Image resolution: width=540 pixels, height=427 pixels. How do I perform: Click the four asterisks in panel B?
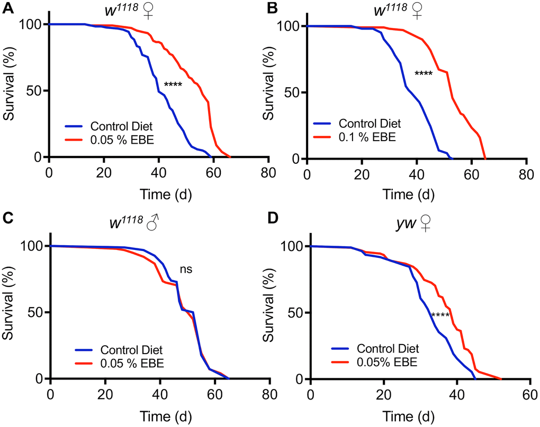423,73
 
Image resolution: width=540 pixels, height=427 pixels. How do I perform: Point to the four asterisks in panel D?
440,316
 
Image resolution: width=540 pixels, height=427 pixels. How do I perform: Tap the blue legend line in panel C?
85,349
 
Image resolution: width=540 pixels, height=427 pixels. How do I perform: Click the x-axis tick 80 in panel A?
268,172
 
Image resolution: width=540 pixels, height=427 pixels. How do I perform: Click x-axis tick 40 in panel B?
416,174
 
